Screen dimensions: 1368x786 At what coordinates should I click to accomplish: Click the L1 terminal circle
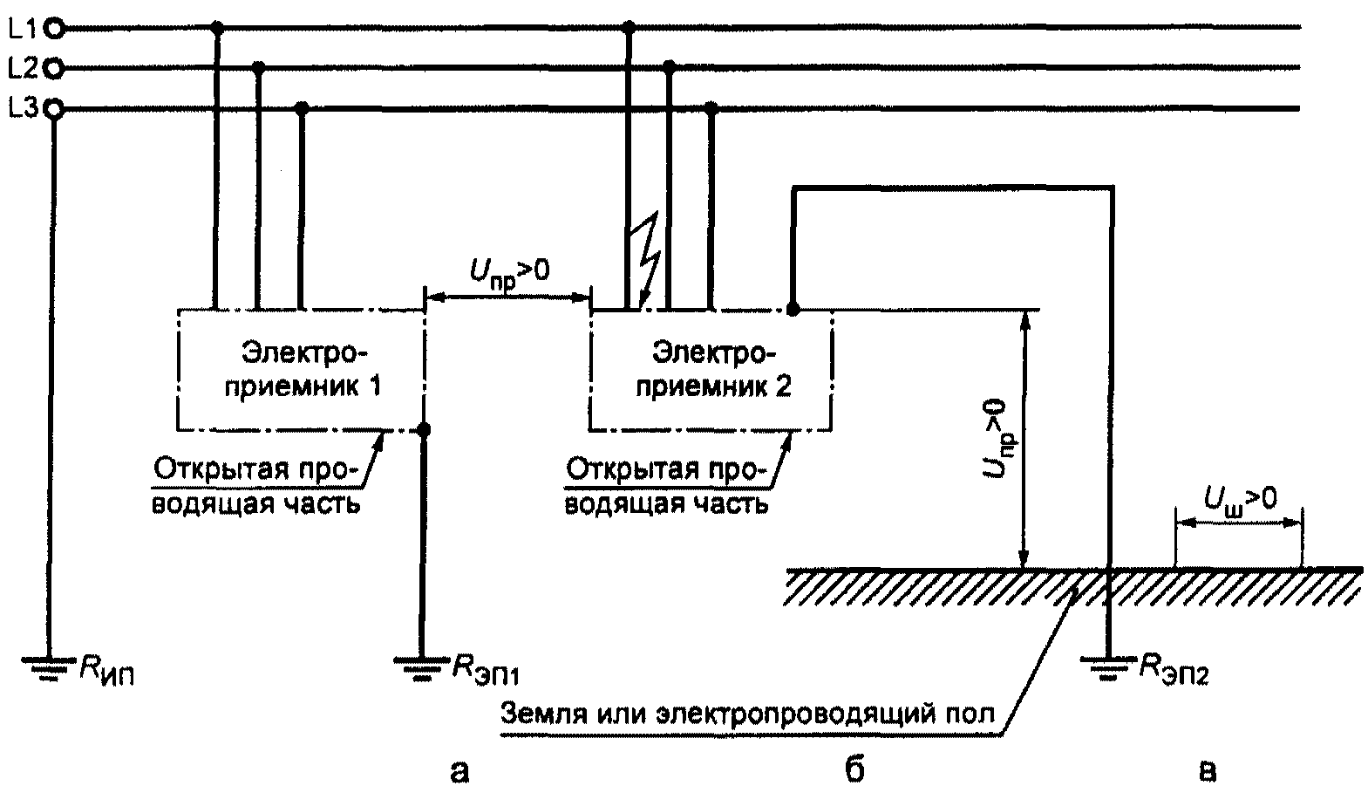54,29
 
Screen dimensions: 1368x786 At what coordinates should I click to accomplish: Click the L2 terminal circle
54,66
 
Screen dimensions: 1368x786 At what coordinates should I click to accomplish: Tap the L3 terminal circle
54,109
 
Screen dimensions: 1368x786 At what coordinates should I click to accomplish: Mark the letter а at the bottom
459,768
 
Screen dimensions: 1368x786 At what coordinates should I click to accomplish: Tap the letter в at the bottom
1206,768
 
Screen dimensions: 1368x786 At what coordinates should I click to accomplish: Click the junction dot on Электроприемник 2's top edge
793,309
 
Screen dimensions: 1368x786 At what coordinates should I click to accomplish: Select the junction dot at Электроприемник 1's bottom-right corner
424,429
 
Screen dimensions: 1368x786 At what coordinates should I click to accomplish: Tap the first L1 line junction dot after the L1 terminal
217,29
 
